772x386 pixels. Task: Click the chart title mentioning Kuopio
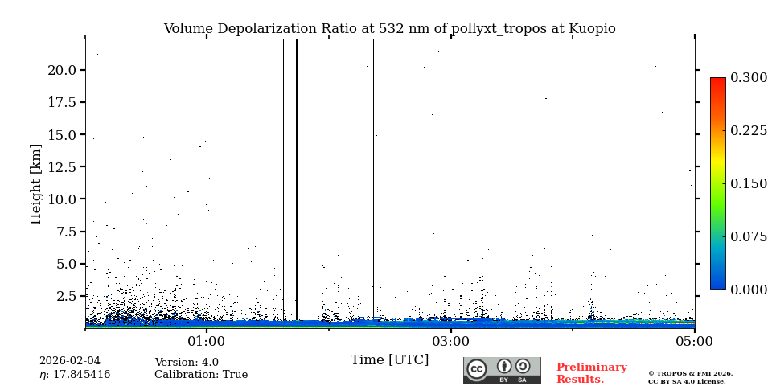pyautogui.click(x=389, y=29)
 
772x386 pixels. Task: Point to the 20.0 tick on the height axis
pyautogui.click(x=62, y=71)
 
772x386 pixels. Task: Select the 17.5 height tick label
pyautogui.click(x=62, y=103)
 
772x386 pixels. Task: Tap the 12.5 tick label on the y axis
pyautogui.click(x=62, y=167)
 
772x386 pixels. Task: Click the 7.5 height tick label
pyautogui.click(x=65, y=232)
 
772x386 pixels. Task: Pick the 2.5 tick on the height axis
pyautogui.click(x=65, y=296)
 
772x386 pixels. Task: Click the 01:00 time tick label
pyautogui.click(x=206, y=342)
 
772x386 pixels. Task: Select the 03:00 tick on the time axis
pyautogui.click(x=450, y=342)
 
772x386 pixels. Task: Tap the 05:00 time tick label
pyautogui.click(x=694, y=342)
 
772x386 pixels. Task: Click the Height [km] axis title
pyautogui.click(x=36, y=183)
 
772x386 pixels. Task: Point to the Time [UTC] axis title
pyautogui.click(x=389, y=360)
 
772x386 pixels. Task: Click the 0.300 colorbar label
pyautogui.click(x=749, y=78)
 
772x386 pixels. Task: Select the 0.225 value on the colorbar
pyautogui.click(x=749, y=131)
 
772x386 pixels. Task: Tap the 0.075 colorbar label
pyautogui.click(x=749, y=236)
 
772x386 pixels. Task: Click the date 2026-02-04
pyautogui.click(x=70, y=362)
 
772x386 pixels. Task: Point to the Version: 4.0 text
pyautogui.click(x=187, y=363)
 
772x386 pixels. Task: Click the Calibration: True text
pyautogui.click(x=201, y=375)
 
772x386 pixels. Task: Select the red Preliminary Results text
pyautogui.click(x=591, y=373)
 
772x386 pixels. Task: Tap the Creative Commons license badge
pyautogui.click(x=502, y=370)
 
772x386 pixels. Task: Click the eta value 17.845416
pyautogui.click(x=75, y=375)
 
